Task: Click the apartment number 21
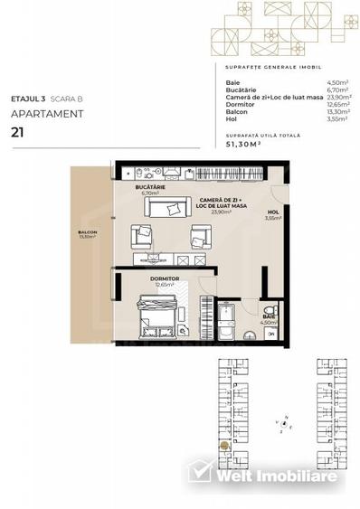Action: click(x=18, y=131)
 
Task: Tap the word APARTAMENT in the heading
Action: click(x=47, y=114)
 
